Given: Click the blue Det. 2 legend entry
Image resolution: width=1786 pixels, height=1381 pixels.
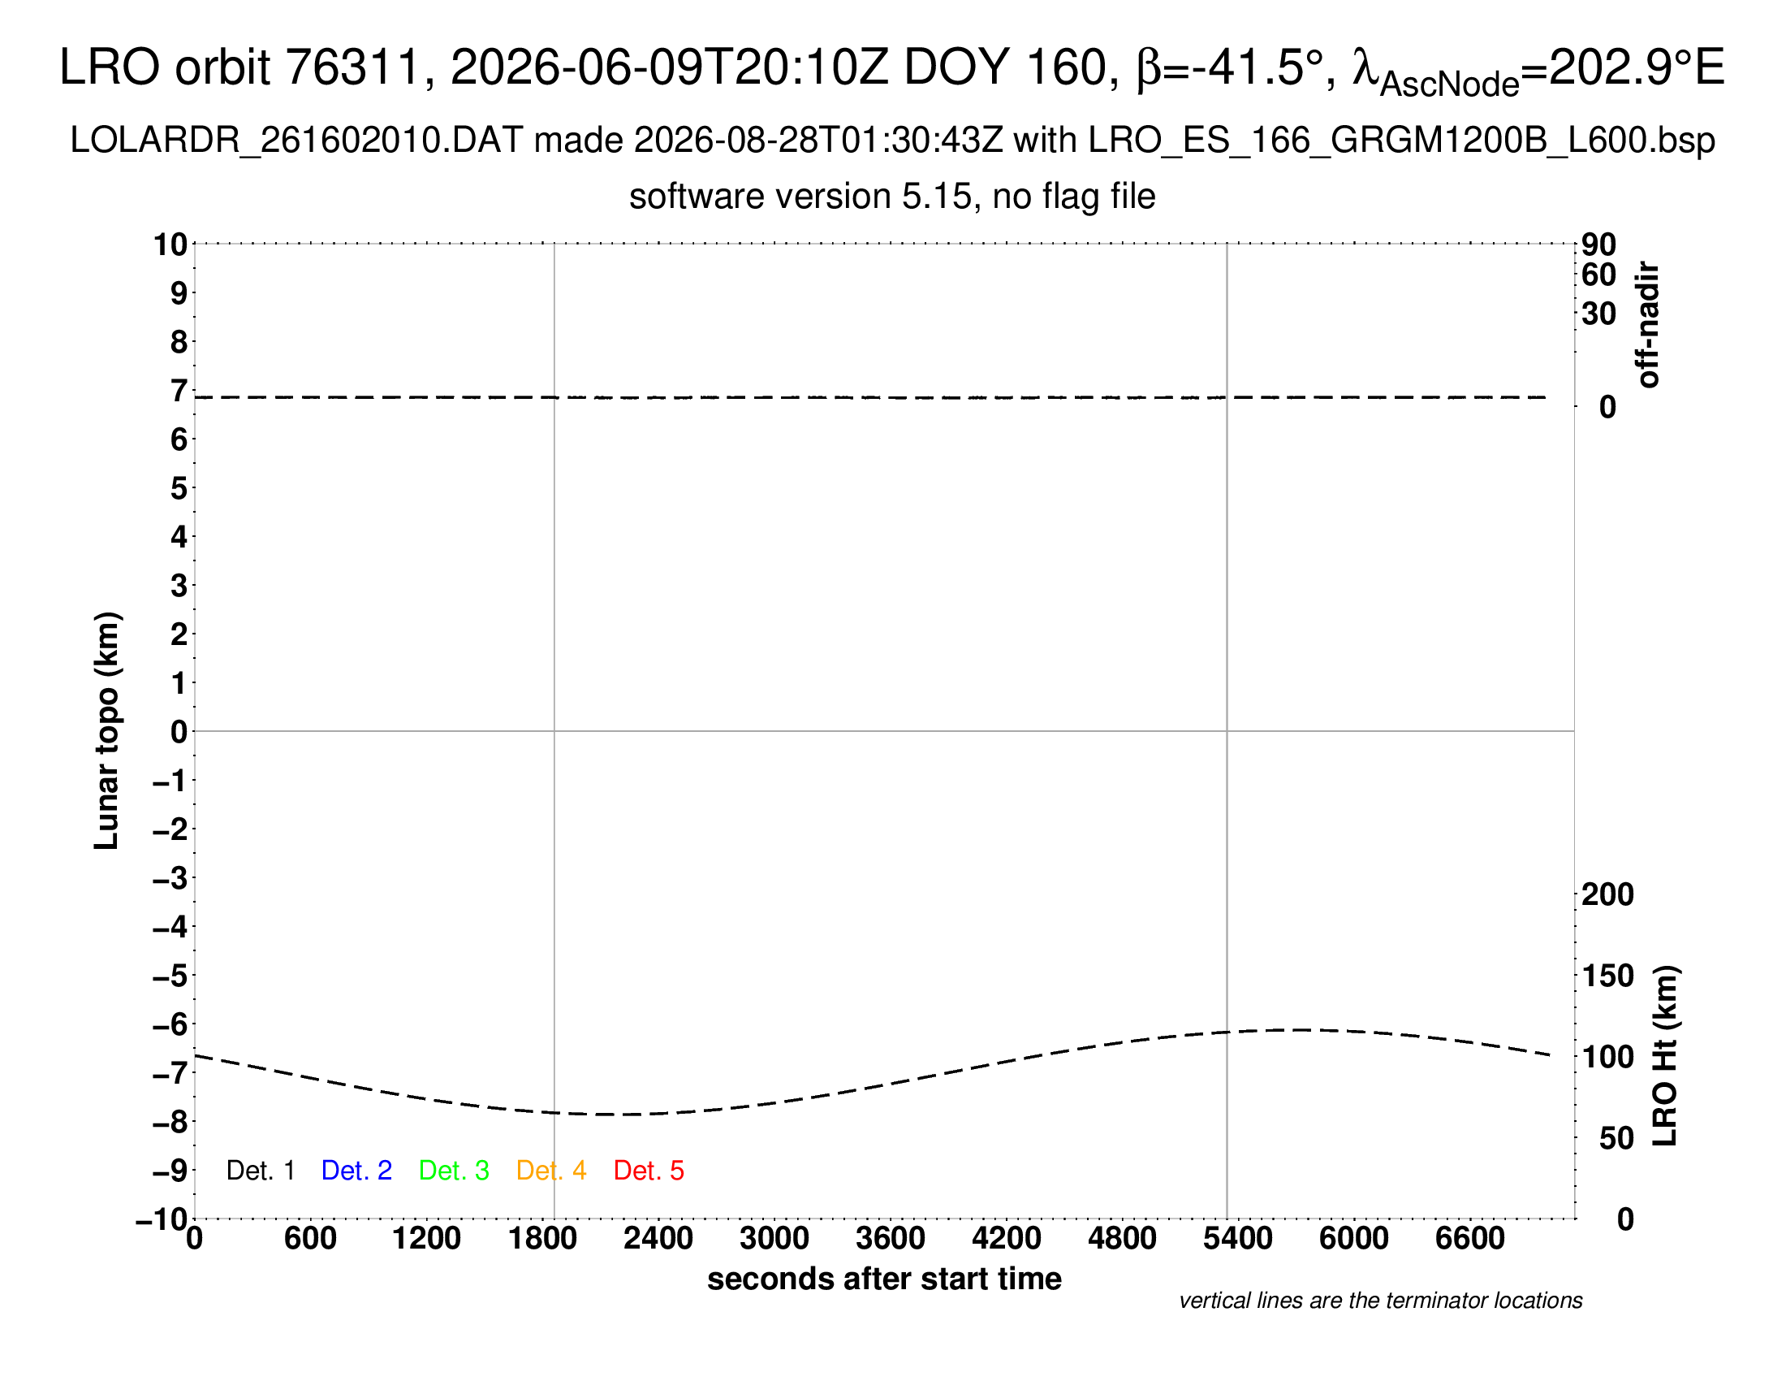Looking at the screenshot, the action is point(356,1171).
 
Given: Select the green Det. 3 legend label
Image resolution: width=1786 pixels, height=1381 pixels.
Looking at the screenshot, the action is point(454,1171).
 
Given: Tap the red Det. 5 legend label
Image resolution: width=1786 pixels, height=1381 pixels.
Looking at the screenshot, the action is point(649,1171).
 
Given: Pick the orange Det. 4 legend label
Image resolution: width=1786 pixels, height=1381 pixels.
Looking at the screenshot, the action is point(551,1171).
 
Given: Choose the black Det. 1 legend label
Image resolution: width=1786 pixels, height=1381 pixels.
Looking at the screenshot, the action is point(260,1171).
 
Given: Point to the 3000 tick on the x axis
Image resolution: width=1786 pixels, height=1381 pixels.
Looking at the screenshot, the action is point(774,1239).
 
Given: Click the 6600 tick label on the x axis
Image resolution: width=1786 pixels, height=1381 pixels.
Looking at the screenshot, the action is point(1470,1239).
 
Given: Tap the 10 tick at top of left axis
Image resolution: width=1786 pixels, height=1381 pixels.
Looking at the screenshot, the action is point(171,244).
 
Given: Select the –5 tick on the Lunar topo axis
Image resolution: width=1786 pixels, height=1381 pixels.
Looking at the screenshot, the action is point(170,975).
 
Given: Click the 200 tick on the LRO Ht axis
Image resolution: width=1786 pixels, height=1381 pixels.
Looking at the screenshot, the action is point(1607,894).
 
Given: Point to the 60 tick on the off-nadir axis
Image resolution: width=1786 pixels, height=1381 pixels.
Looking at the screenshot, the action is point(1598,275).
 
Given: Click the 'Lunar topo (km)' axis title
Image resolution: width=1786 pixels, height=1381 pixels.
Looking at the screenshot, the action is point(107,730).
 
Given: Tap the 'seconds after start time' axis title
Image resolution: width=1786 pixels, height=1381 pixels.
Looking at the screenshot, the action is point(885,1279).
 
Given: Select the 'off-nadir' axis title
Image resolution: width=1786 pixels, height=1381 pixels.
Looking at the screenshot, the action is point(1649,325).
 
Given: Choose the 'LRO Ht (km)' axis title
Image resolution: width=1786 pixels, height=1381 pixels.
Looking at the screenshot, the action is point(1665,1056).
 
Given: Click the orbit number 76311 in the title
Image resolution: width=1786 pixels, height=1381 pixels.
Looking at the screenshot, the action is point(352,67).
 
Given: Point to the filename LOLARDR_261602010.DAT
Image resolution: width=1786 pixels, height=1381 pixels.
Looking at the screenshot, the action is point(297,141).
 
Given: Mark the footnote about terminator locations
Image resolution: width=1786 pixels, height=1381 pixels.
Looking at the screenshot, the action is point(1381,1301).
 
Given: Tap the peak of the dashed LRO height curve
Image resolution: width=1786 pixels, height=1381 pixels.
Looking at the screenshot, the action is point(1299,1029).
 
